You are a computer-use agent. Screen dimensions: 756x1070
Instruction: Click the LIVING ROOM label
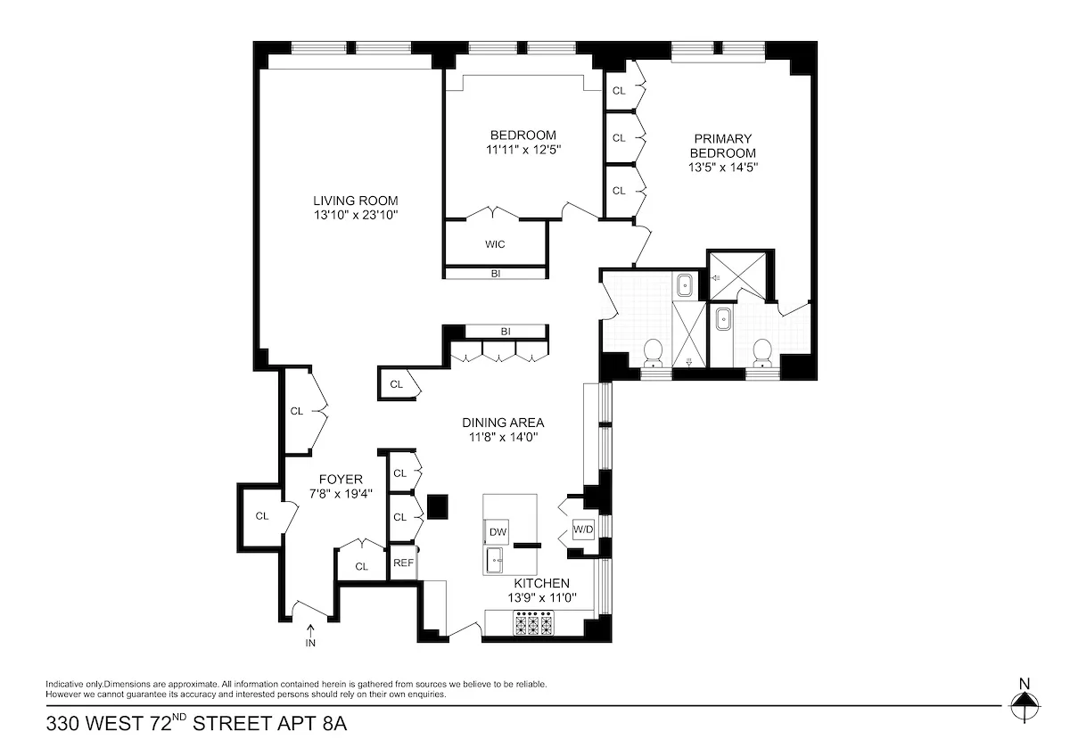355,201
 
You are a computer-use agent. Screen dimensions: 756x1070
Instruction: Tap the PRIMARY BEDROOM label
723,145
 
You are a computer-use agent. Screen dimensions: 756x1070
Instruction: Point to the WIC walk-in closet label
496,243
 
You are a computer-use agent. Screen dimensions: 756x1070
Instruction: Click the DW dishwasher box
498,532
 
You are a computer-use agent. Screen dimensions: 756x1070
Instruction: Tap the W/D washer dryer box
582,530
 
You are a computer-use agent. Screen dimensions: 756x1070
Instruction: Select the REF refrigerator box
403,563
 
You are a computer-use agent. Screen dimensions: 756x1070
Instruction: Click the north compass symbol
1025,704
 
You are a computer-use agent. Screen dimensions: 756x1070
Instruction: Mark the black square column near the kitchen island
436,506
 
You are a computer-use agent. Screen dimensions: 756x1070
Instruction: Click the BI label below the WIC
495,274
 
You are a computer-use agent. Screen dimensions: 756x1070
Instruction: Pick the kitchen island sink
496,561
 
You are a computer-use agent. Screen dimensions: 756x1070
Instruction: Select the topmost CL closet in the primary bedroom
619,91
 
